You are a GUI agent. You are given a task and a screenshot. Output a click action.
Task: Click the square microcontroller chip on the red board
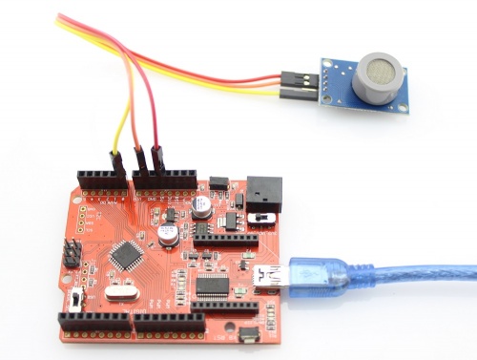tap(126, 255)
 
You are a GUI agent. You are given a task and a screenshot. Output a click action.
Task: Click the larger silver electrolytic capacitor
tap(167, 234)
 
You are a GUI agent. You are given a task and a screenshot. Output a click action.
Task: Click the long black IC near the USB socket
tap(212, 285)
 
